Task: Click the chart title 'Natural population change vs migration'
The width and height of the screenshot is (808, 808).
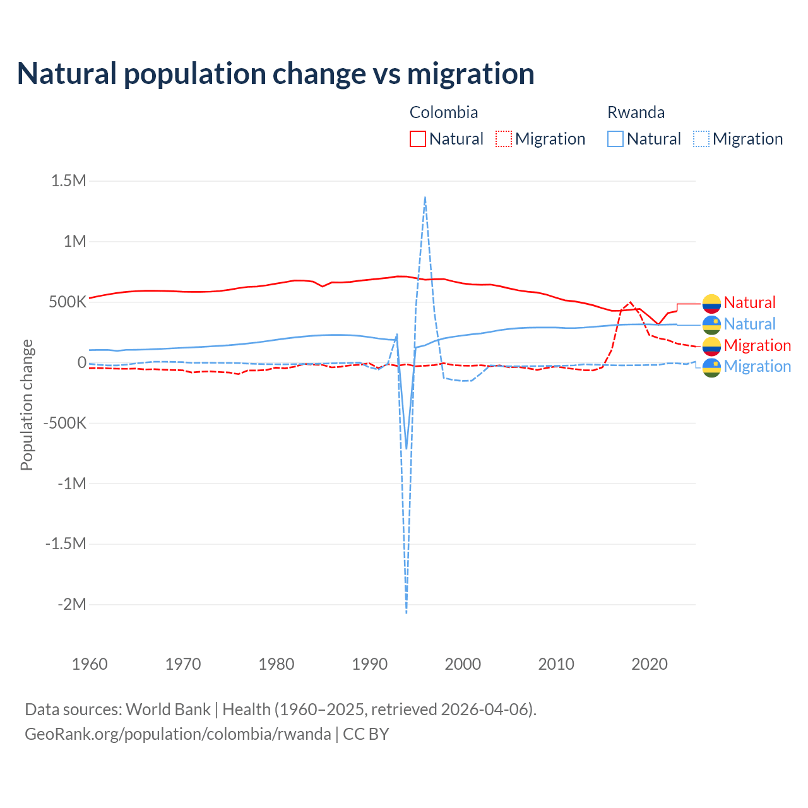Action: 276,73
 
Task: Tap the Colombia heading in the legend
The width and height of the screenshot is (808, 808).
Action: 444,112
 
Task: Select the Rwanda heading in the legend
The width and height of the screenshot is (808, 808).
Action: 636,112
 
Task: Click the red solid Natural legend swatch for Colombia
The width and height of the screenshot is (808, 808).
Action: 418,139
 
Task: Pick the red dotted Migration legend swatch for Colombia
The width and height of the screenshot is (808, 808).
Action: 504,139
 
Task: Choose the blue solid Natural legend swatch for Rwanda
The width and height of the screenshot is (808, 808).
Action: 615,139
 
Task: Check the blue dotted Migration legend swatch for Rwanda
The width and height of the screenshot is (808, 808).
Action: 701,139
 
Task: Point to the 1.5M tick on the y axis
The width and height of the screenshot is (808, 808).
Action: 68,181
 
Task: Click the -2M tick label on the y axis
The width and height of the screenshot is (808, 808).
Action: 71,604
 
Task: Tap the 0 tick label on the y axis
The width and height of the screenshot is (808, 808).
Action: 81,362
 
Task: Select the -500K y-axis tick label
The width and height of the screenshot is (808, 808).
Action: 64,423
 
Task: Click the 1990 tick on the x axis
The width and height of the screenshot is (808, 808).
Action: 370,664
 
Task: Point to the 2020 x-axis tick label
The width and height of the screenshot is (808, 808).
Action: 650,664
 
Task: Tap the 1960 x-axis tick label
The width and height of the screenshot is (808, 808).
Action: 90,664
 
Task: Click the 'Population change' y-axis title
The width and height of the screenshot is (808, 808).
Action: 27,405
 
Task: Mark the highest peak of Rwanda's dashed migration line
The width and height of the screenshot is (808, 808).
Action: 425,197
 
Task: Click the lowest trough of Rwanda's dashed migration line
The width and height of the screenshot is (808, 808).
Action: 407,612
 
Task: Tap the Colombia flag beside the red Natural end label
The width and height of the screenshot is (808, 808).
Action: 711,304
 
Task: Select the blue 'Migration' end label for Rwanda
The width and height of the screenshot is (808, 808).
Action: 757,366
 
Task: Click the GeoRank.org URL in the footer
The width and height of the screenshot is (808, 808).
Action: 178,734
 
